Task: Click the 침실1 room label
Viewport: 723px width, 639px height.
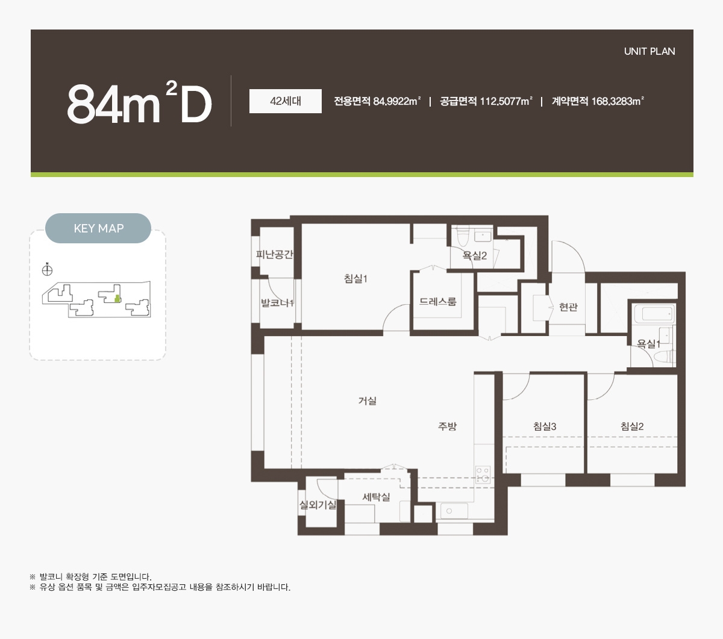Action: click(x=355, y=278)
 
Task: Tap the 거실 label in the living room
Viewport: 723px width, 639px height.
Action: click(x=367, y=401)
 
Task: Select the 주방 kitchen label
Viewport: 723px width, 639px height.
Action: click(x=447, y=426)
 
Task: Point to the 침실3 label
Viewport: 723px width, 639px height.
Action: click(x=545, y=426)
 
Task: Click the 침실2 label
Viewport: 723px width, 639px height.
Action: click(x=632, y=426)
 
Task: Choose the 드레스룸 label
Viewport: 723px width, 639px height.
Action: click(x=438, y=302)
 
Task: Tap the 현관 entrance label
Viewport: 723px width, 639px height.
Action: click(x=568, y=307)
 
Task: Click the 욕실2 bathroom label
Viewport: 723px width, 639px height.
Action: click(x=475, y=255)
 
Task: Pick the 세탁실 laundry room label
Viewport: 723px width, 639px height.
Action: click(x=376, y=497)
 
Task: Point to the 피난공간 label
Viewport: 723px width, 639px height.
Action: click(x=274, y=254)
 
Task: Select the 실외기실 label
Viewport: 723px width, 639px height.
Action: click(x=318, y=505)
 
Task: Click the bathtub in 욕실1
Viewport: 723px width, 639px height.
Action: click(x=654, y=314)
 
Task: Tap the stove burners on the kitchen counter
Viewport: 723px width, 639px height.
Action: click(x=483, y=475)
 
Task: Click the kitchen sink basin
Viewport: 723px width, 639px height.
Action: click(x=454, y=511)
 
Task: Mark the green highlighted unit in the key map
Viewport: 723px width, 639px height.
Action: click(x=117, y=298)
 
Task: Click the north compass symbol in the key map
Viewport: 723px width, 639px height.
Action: click(x=47, y=270)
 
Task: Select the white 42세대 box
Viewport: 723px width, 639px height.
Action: click(x=285, y=101)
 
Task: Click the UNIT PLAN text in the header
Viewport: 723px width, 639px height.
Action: click(x=649, y=51)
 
